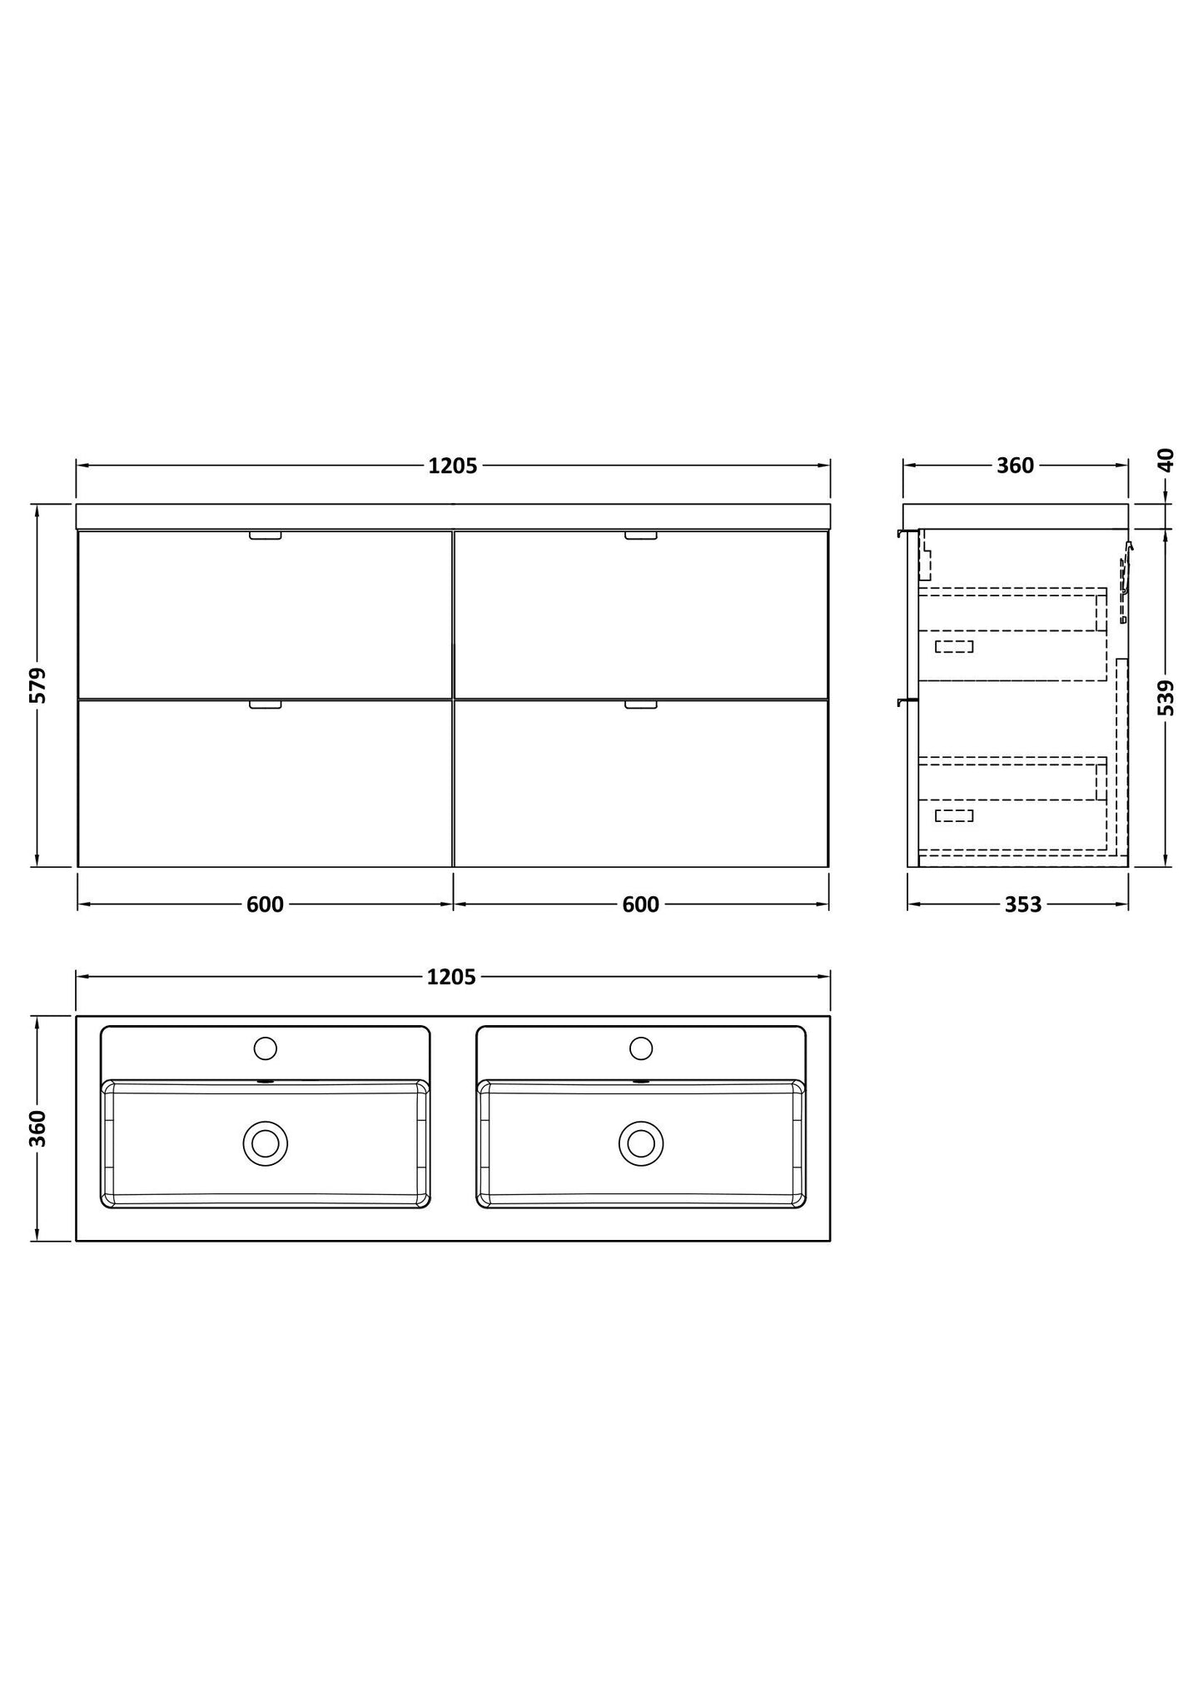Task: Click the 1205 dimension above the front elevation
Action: pos(453,466)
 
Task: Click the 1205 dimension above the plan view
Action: pos(451,977)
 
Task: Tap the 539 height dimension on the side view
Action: pos(1166,697)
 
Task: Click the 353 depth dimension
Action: pos(1022,904)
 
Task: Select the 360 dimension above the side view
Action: pos(1015,466)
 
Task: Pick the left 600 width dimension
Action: pos(265,904)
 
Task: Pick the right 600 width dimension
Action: pos(640,904)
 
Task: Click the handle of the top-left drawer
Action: pos(266,535)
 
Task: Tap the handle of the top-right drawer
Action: pos(641,535)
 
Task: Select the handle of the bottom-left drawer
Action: pos(266,705)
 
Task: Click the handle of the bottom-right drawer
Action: pos(641,705)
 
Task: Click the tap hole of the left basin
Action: pos(265,1048)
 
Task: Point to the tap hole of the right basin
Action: pos(641,1048)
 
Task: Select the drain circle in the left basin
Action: pos(265,1143)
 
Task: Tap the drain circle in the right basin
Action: pos(641,1143)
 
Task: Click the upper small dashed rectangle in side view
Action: pos(954,646)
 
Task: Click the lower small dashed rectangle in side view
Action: pos(954,815)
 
